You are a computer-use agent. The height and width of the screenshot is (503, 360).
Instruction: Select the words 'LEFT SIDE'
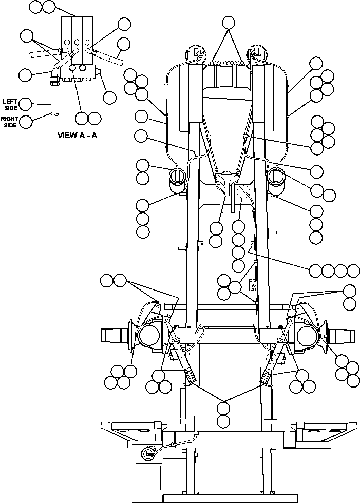point(10,104)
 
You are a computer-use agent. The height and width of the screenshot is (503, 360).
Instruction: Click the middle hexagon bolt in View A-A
point(77,43)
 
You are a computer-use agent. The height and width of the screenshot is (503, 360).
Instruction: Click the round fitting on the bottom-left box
point(149,452)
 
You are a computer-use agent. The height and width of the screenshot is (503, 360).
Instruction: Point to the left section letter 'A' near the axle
point(172,355)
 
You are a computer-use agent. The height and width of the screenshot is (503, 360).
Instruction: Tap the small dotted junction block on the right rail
point(253,284)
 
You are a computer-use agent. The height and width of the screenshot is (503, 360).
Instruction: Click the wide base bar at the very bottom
point(230,498)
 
